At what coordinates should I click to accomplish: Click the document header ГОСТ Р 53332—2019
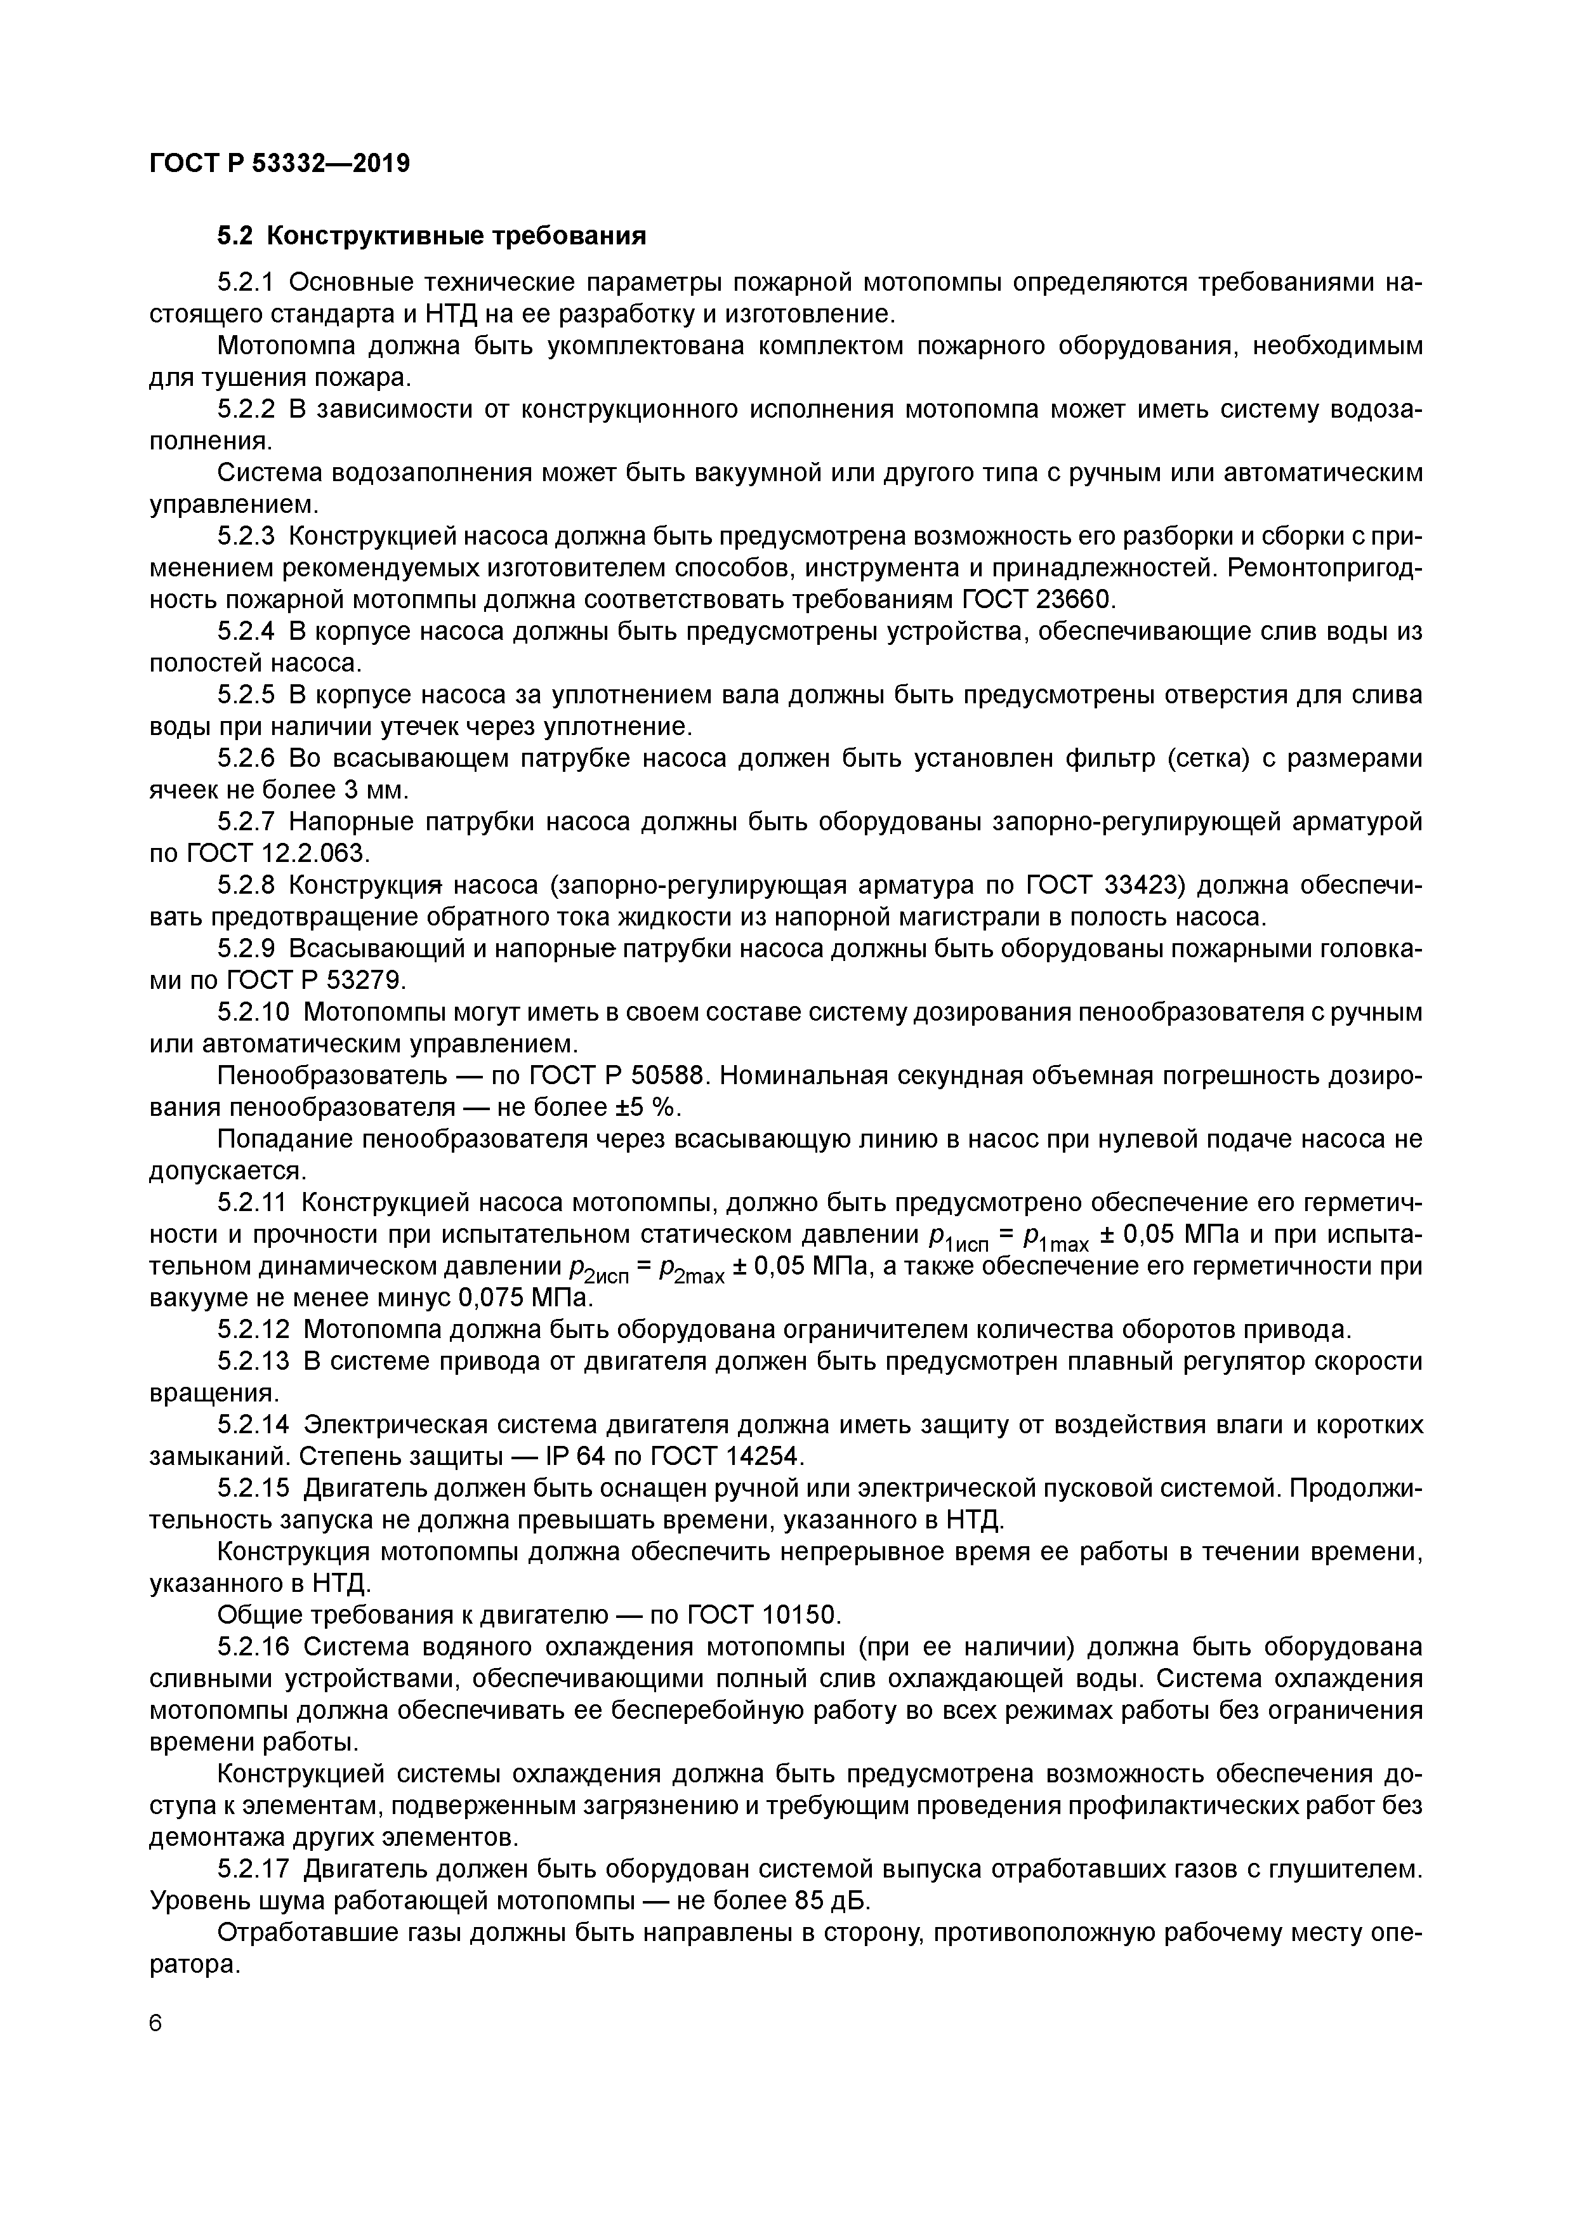pos(279,163)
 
